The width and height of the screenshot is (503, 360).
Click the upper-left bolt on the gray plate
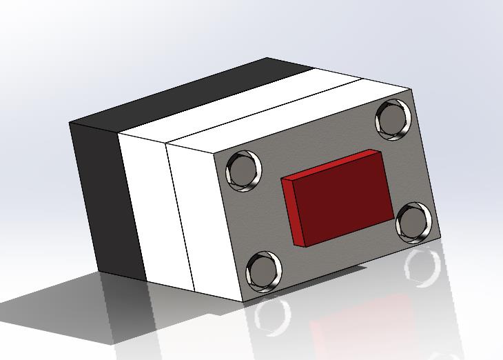click(x=245, y=170)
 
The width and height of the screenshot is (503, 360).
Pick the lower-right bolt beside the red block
click(x=415, y=221)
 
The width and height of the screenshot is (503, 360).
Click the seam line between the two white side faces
click(x=181, y=214)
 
